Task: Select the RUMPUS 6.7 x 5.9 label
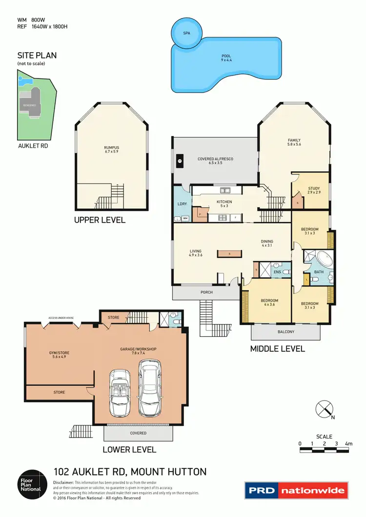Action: tap(111, 150)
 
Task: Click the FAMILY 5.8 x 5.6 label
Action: tap(294, 143)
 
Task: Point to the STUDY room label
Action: tap(314, 191)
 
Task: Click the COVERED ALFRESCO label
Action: tap(215, 161)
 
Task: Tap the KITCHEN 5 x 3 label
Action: tap(224, 204)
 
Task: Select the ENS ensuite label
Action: tap(277, 271)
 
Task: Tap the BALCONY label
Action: tap(286, 332)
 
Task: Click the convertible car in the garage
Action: tap(119, 393)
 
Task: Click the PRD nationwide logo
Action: tap(296, 490)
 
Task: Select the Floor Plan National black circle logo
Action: tap(31, 482)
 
